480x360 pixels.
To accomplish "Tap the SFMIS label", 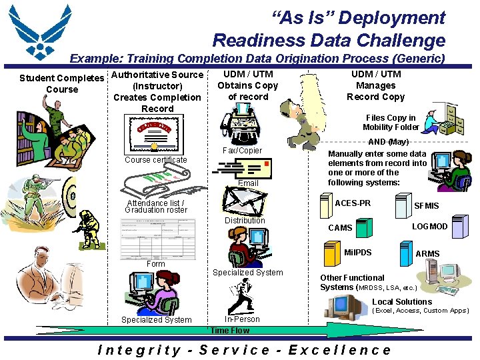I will [x=427, y=207].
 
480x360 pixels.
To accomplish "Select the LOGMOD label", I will [x=429, y=227].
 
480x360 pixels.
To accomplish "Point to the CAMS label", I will [x=340, y=228].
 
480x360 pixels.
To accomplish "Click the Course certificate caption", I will [x=156, y=160].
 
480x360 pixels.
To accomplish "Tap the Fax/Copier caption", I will [x=242, y=151].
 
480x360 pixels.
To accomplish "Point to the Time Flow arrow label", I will [x=229, y=331].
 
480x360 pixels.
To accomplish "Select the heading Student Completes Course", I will [x=62, y=84].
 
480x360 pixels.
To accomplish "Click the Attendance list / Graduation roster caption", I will [x=156, y=207].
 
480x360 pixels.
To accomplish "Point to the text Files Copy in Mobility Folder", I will [x=391, y=123].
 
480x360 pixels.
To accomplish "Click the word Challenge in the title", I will [x=404, y=40].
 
